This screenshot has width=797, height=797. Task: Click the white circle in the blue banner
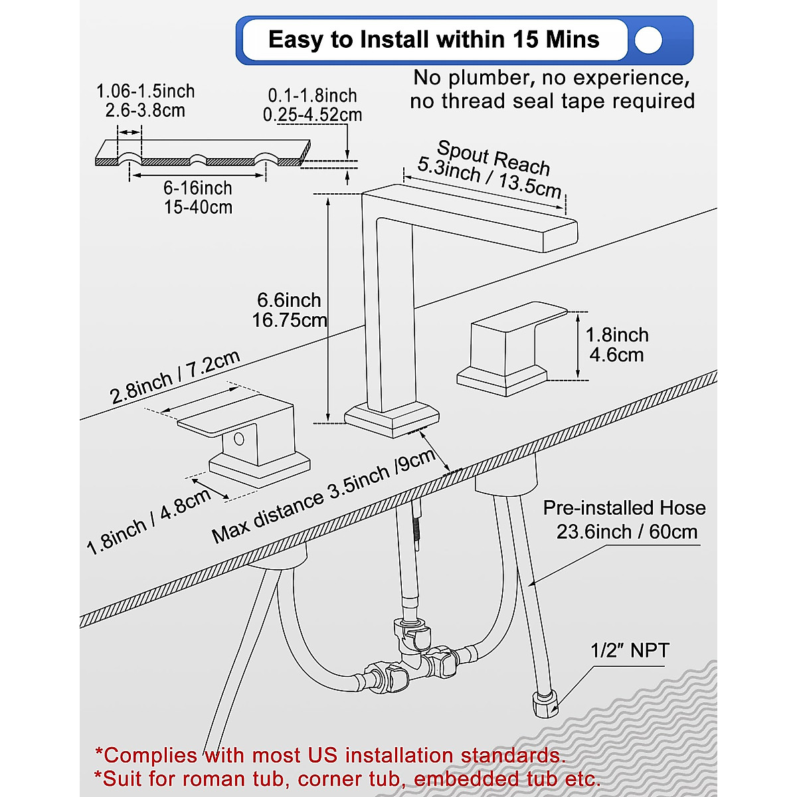point(648,41)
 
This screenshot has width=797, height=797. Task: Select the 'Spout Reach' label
point(493,157)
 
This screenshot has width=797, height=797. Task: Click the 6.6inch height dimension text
point(289,300)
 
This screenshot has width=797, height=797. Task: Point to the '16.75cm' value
point(289,320)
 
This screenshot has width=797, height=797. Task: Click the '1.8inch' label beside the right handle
point(616,335)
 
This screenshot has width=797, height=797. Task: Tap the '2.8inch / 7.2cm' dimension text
point(175,377)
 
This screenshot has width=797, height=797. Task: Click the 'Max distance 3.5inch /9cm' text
point(323,496)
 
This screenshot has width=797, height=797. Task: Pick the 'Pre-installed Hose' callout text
point(624,508)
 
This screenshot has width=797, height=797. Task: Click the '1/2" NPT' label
point(630,650)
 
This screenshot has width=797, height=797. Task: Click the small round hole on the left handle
point(238,438)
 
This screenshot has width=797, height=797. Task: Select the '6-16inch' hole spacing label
point(198,188)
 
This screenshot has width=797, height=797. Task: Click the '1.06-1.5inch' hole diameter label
point(145,91)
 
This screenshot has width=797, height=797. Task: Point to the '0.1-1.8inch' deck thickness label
point(312,96)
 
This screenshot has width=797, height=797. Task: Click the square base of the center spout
point(393,420)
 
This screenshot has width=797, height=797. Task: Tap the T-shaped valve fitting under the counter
point(418,654)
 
